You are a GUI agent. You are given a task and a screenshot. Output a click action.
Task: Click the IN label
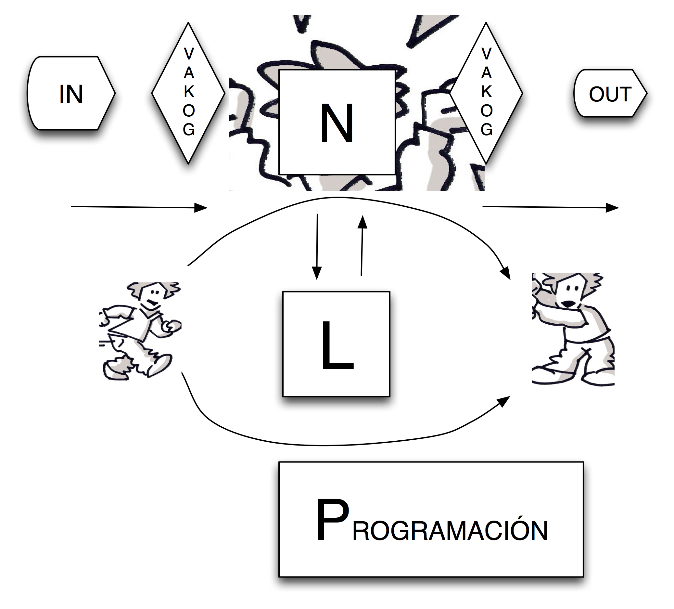pos(71,94)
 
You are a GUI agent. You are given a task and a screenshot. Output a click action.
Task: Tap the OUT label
pos(610,94)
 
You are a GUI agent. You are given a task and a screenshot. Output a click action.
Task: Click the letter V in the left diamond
pos(189,54)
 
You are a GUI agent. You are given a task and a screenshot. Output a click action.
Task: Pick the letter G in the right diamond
pos(487,129)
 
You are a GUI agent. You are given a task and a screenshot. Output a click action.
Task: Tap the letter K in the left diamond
pos(189,92)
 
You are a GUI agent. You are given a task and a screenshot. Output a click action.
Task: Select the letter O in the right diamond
pos(487,111)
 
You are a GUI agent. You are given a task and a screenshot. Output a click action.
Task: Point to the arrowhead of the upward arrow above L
pos(362,222)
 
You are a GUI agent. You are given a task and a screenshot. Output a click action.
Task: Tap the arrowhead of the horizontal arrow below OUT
pos(613,208)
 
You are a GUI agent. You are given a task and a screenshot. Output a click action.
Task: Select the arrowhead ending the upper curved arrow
pos(506,273)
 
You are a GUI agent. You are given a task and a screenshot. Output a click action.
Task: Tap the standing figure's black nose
pos(568,304)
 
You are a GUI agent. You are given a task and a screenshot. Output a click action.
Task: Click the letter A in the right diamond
pos(487,73)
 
